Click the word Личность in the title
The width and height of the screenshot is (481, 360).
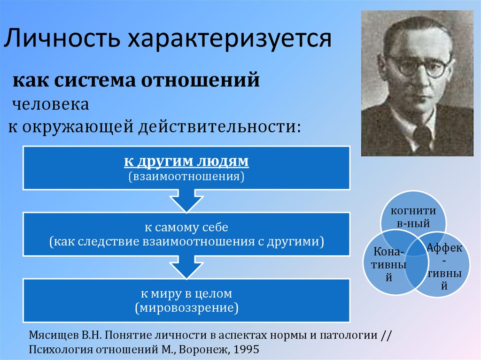click(62, 38)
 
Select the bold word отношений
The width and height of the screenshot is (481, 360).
click(200, 80)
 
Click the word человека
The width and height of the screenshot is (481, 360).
click(51, 104)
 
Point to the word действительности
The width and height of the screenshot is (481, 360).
click(219, 126)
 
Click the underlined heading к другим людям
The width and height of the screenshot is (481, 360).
click(186, 161)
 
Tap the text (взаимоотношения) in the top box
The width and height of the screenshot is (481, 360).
click(186, 176)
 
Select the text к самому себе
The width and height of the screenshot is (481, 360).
click(186, 227)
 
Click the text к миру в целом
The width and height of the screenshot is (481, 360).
click(186, 293)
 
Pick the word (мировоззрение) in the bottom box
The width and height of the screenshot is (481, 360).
click(186, 307)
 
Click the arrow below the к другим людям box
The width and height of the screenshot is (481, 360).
click(186, 200)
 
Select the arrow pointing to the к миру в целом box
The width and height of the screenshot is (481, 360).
click(186, 267)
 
